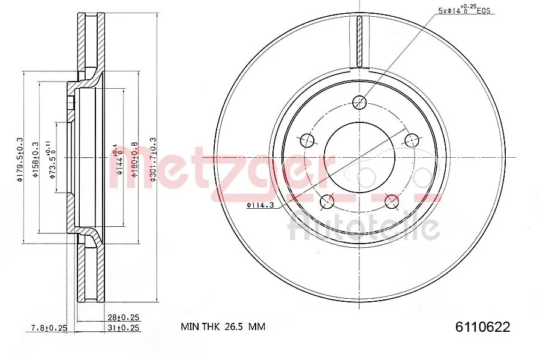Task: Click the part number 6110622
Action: pos(482,327)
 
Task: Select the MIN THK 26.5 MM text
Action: pos(223,327)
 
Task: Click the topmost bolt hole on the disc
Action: pos(359,101)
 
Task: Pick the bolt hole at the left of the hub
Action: pos(307,140)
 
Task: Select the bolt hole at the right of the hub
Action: pos(412,140)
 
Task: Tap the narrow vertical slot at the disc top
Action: pos(359,42)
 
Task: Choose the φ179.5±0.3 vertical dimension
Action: pos(20,158)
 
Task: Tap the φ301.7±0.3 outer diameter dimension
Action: pos(153,158)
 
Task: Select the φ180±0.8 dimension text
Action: pos(136,158)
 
